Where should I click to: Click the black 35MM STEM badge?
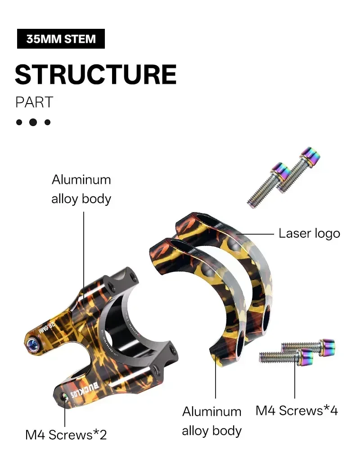[x=61, y=39]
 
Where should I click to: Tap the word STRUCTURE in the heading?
[x=95, y=74]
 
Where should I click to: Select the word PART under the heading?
[x=34, y=102]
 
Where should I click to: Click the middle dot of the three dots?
[x=33, y=122]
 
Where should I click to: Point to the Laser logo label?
[x=309, y=234]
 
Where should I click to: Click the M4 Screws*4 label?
[x=297, y=410]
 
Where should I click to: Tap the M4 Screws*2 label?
[x=66, y=435]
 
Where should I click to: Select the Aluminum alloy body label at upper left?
[x=81, y=189]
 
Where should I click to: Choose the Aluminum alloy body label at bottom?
[x=211, y=421]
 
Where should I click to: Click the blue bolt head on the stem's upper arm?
[x=32, y=343]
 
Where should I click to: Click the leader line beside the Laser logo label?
[x=256, y=234]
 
